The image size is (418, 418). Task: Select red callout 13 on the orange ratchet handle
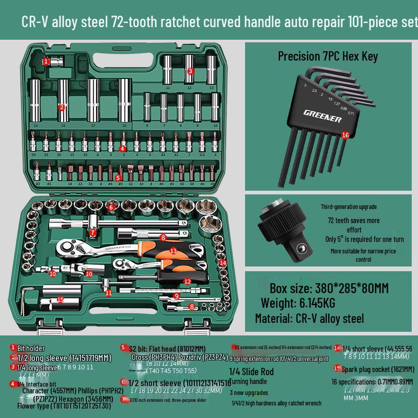173,251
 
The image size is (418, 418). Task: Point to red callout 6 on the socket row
111,207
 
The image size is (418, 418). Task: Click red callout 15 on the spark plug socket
61,300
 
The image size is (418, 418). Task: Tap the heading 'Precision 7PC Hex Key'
328,56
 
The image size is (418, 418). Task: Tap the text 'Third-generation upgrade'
349,207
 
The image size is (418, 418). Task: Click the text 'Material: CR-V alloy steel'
309,318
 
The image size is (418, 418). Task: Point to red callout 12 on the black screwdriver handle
187,281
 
